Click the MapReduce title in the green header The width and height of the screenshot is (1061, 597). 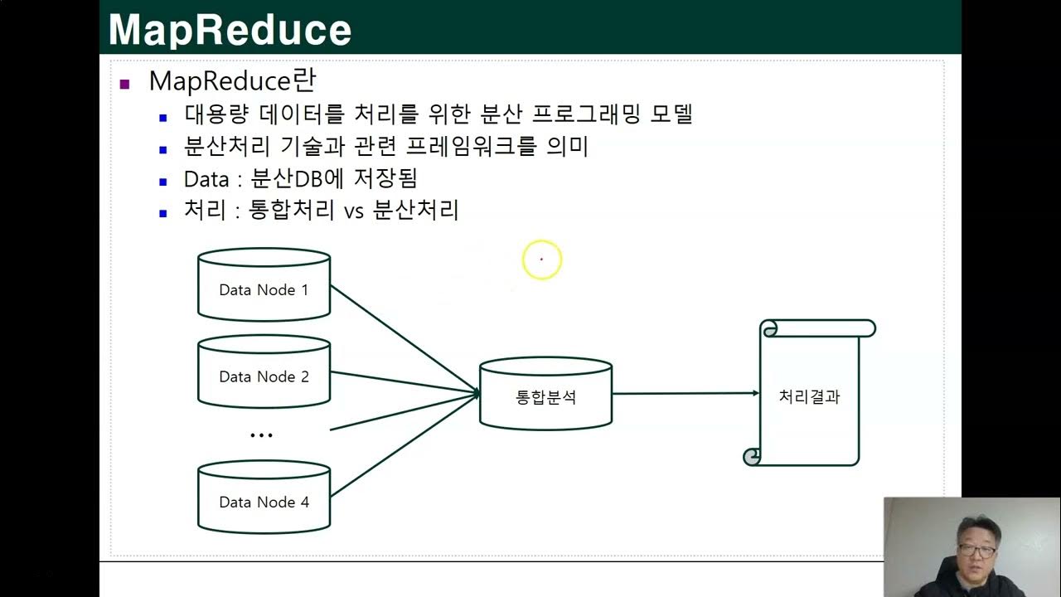[x=230, y=30]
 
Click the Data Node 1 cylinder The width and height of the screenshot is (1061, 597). [x=264, y=289]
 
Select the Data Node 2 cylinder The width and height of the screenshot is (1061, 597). [x=264, y=376]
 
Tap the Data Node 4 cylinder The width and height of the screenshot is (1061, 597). [x=264, y=501]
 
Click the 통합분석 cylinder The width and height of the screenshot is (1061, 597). [x=545, y=396]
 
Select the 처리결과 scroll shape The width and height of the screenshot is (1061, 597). [x=809, y=396]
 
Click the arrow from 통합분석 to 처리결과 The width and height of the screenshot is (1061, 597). [x=685, y=393]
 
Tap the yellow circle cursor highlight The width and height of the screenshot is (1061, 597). [x=542, y=260]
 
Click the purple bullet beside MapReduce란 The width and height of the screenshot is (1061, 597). [x=125, y=84]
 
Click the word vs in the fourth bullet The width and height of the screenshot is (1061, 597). [x=354, y=211]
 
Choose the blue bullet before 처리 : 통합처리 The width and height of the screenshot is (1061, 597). [x=163, y=212]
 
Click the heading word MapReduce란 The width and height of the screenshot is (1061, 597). [x=232, y=81]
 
